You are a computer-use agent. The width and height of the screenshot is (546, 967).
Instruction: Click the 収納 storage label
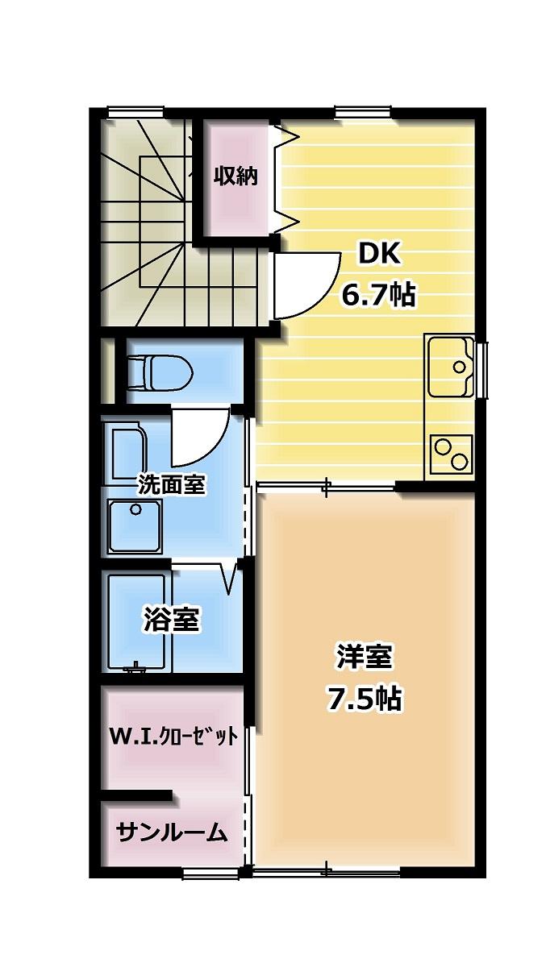[235, 176]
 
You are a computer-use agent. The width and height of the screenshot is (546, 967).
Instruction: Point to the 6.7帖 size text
[378, 296]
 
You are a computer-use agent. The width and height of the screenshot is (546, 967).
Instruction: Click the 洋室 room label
[364, 657]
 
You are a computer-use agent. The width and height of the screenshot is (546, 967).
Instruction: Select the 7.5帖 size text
[364, 699]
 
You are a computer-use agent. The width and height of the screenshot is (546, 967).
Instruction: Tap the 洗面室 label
[172, 484]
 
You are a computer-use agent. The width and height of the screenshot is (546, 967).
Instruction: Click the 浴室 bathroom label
[172, 620]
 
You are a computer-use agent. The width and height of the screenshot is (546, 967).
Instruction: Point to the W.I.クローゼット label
[173, 737]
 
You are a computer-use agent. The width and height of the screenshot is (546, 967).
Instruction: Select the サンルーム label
[171, 832]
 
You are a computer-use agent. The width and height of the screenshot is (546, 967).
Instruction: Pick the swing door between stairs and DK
[303, 286]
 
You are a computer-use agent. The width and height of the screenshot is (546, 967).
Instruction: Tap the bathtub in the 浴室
[137, 621]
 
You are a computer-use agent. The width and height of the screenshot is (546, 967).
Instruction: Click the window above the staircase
[137, 112]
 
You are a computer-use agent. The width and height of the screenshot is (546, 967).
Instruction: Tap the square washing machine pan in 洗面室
[135, 525]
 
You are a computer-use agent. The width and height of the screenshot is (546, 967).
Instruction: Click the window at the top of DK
[363, 112]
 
